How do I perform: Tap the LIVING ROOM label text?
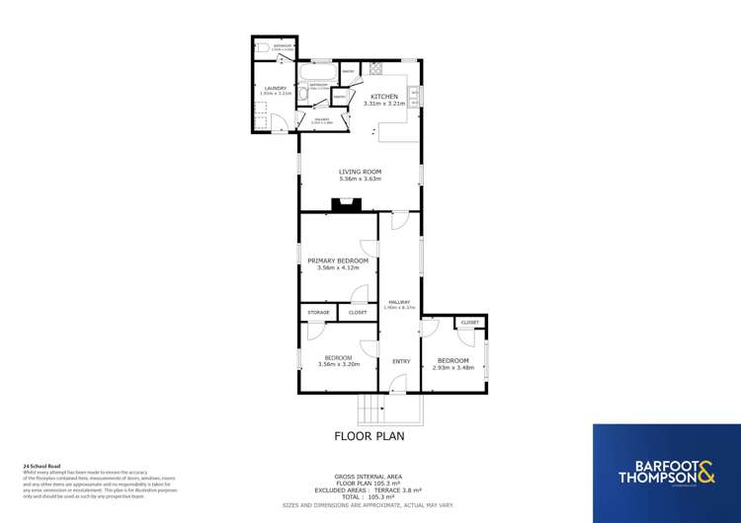pos(360,172)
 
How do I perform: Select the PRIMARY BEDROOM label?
pos(337,261)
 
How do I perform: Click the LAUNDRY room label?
pos(276,88)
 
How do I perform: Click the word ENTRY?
pos(400,361)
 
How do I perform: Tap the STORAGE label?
pos(318,312)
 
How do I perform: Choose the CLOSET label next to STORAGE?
pos(358,312)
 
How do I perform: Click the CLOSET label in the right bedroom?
pos(469,322)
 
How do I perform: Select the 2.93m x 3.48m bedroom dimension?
pos(455,368)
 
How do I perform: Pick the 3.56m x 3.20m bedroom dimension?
pos(339,364)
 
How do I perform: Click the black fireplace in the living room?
pos(346,204)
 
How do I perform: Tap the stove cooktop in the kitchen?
pos(376,68)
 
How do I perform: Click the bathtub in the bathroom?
pos(318,74)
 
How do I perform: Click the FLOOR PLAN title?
pos(370,435)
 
